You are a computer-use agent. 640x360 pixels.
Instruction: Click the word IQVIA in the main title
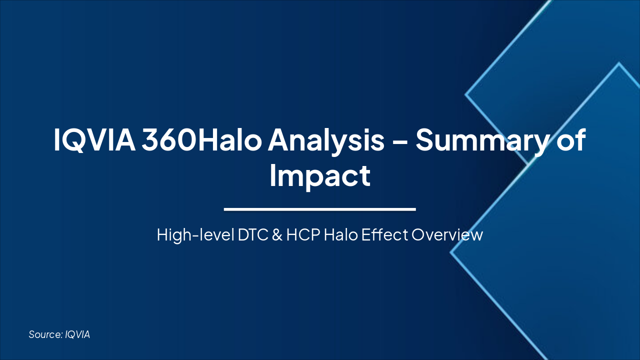[93, 140]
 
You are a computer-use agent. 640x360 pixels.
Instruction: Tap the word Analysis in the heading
[326, 140]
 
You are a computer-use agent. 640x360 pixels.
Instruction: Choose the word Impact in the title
[319, 175]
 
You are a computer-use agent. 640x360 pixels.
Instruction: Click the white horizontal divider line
[319, 209]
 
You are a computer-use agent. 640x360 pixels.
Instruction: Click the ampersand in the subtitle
[277, 234]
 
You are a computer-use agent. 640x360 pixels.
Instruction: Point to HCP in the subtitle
[303, 234]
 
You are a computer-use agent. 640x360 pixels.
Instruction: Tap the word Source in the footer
[45, 334]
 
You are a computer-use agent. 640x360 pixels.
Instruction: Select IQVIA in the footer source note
[77, 334]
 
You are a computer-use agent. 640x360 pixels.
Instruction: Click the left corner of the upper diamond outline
[466, 93]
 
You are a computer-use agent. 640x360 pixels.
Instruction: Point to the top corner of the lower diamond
[619, 63]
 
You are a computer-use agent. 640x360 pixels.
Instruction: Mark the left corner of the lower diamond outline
[451, 252]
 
